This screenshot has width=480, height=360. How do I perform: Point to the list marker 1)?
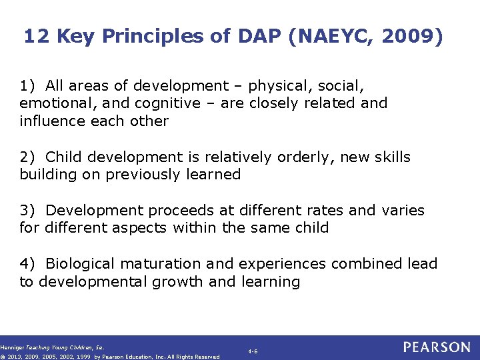(27, 86)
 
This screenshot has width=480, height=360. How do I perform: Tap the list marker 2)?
(27, 157)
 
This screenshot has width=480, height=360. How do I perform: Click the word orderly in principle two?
(313, 157)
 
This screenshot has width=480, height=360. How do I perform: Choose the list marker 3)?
(27, 211)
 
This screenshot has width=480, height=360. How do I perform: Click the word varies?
(403, 211)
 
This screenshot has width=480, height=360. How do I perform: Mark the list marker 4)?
(27, 264)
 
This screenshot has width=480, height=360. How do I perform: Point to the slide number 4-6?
(253, 351)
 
